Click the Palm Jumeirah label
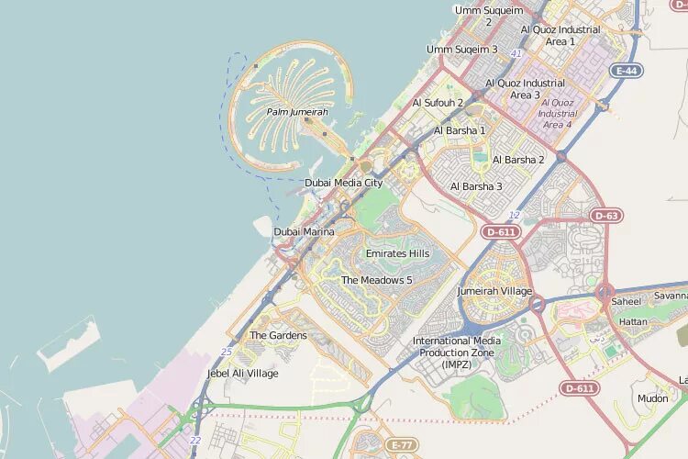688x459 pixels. point(296,112)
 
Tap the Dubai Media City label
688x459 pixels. point(343,183)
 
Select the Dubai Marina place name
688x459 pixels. point(304,232)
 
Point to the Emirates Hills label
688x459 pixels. point(397,253)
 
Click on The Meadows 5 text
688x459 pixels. point(376,280)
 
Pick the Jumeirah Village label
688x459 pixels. point(494,291)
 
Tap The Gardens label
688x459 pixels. point(278,336)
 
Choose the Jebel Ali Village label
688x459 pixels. point(242,374)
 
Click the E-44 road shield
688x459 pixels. point(627,71)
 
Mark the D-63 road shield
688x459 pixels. point(606,216)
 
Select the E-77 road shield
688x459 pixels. point(401,445)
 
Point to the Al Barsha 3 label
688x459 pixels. point(476,186)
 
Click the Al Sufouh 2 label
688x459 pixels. point(438,103)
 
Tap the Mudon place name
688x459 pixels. point(652,399)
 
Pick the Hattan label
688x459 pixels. point(633,322)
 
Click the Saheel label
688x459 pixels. point(627,301)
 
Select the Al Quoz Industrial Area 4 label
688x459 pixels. point(557,114)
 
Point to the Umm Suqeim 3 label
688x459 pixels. point(461,50)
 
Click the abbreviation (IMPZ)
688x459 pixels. point(456,364)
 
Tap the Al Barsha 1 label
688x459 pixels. point(460,130)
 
